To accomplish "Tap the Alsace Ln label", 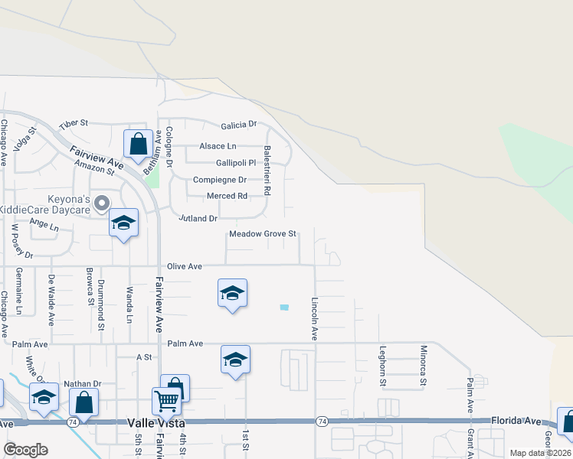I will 218,146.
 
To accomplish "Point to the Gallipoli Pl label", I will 224,163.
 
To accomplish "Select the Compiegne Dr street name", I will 219,180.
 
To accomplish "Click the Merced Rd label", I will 228,196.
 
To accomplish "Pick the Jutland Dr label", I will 192,219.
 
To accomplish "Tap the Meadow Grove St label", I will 262,234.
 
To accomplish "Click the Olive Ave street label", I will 184,266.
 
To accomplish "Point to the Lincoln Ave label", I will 314,319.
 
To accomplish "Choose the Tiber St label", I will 74,123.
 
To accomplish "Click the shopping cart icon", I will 166,400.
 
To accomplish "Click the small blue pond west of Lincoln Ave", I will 285,308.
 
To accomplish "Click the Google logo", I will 25,450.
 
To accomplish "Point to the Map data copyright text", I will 540,453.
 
